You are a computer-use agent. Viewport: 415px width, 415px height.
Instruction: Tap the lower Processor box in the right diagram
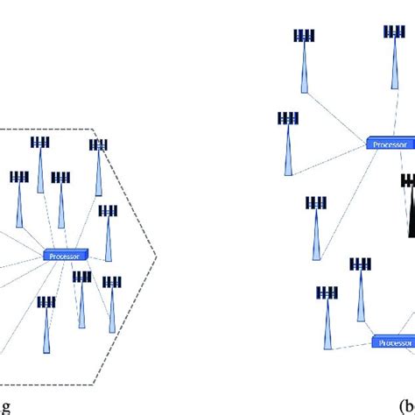394,342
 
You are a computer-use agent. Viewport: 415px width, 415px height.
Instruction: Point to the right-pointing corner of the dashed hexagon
157,255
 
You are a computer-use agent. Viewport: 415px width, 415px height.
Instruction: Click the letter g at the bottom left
7,406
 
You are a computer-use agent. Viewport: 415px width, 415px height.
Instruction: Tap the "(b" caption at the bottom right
404,406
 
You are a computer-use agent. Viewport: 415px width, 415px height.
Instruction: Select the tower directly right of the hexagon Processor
108,232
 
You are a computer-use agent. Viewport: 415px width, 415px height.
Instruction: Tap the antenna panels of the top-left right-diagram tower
304,36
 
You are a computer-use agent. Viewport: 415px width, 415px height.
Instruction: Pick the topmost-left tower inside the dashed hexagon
39,161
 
